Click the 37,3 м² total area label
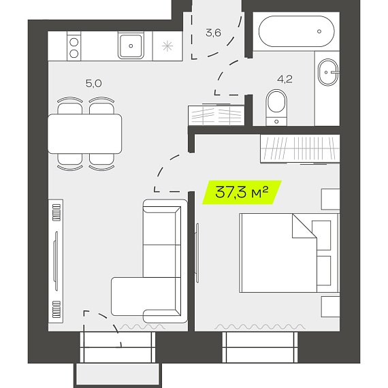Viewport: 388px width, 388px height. click(x=242, y=192)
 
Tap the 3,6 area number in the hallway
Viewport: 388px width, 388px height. click(x=213, y=33)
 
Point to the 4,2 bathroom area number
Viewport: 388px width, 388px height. click(x=285, y=79)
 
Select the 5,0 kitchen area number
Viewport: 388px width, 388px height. click(x=94, y=84)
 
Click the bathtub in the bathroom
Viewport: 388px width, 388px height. click(x=296, y=31)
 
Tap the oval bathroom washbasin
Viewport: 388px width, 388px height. click(x=328, y=72)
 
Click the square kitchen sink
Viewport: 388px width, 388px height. click(x=131, y=46)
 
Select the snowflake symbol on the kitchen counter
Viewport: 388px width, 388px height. click(x=167, y=46)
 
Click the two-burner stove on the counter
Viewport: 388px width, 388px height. click(x=74, y=46)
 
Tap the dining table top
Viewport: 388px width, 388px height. click(x=84, y=133)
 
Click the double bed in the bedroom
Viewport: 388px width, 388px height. click(x=289, y=253)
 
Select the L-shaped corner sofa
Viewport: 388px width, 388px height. click(x=150, y=261)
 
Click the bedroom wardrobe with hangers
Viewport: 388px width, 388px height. click(x=300, y=149)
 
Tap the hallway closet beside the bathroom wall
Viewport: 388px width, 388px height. click(x=216, y=115)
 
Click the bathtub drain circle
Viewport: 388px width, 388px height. click(x=319, y=31)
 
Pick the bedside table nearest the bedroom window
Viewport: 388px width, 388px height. click(x=330, y=306)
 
